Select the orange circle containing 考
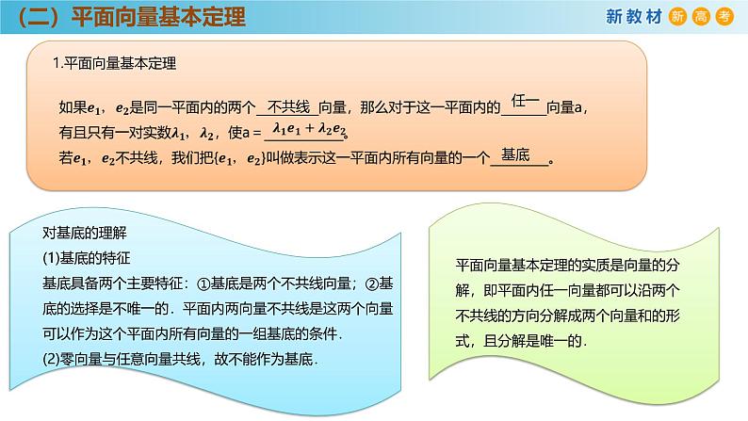(x=724, y=16)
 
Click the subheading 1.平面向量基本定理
(x=114, y=64)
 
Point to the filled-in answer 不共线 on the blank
(x=289, y=105)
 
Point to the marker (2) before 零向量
(x=51, y=357)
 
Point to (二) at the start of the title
(x=40, y=19)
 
